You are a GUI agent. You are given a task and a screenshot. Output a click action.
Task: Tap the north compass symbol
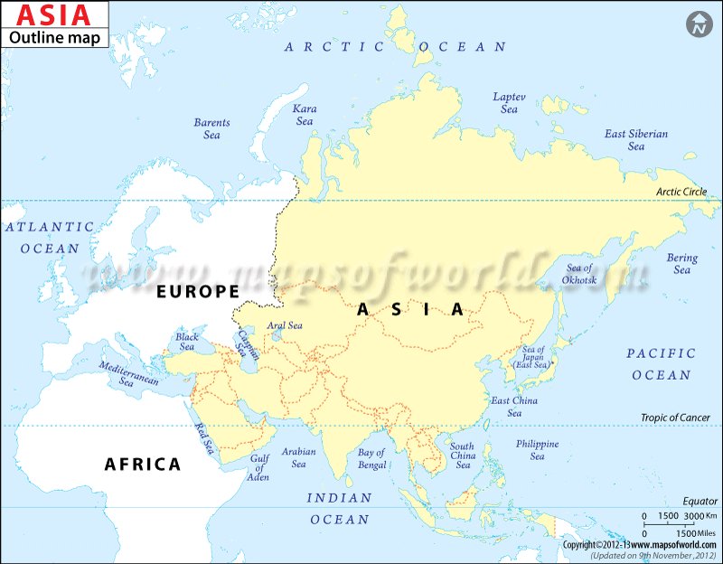click(698, 24)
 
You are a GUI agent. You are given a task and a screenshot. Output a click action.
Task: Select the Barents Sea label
click(211, 128)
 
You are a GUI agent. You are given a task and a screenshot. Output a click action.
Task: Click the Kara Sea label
click(305, 115)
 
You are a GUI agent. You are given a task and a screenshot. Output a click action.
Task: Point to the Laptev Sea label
click(510, 102)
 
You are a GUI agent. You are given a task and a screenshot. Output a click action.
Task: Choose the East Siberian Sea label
click(636, 139)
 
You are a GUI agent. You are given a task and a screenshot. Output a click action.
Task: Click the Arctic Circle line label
click(681, 192)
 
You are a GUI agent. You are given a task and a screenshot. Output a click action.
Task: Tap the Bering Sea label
click(681, 264)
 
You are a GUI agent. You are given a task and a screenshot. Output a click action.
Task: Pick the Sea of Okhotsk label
click(578, 273)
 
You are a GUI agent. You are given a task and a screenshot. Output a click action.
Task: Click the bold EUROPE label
click(197, 291)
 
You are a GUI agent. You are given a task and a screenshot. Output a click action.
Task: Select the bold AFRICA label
click(143, 465)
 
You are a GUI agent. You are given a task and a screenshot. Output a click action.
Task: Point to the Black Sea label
click(187, 341)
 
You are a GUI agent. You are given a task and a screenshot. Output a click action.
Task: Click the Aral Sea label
click(285, 325)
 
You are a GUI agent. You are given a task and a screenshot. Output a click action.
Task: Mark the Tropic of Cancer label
click(671, 418)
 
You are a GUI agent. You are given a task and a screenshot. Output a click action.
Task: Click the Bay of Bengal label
click(371, 458)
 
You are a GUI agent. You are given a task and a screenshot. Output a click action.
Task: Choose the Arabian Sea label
click(299, 457)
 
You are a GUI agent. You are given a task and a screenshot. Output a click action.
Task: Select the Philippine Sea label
click(537, 450)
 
